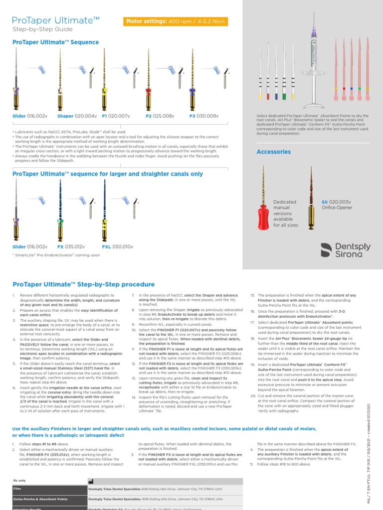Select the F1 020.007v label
click(114, 116)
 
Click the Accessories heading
click(273, 151)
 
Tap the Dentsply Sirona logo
click(344, 250)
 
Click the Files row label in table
click(18, 489)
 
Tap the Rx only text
click(20, 481)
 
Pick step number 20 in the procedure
click(253, 395)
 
